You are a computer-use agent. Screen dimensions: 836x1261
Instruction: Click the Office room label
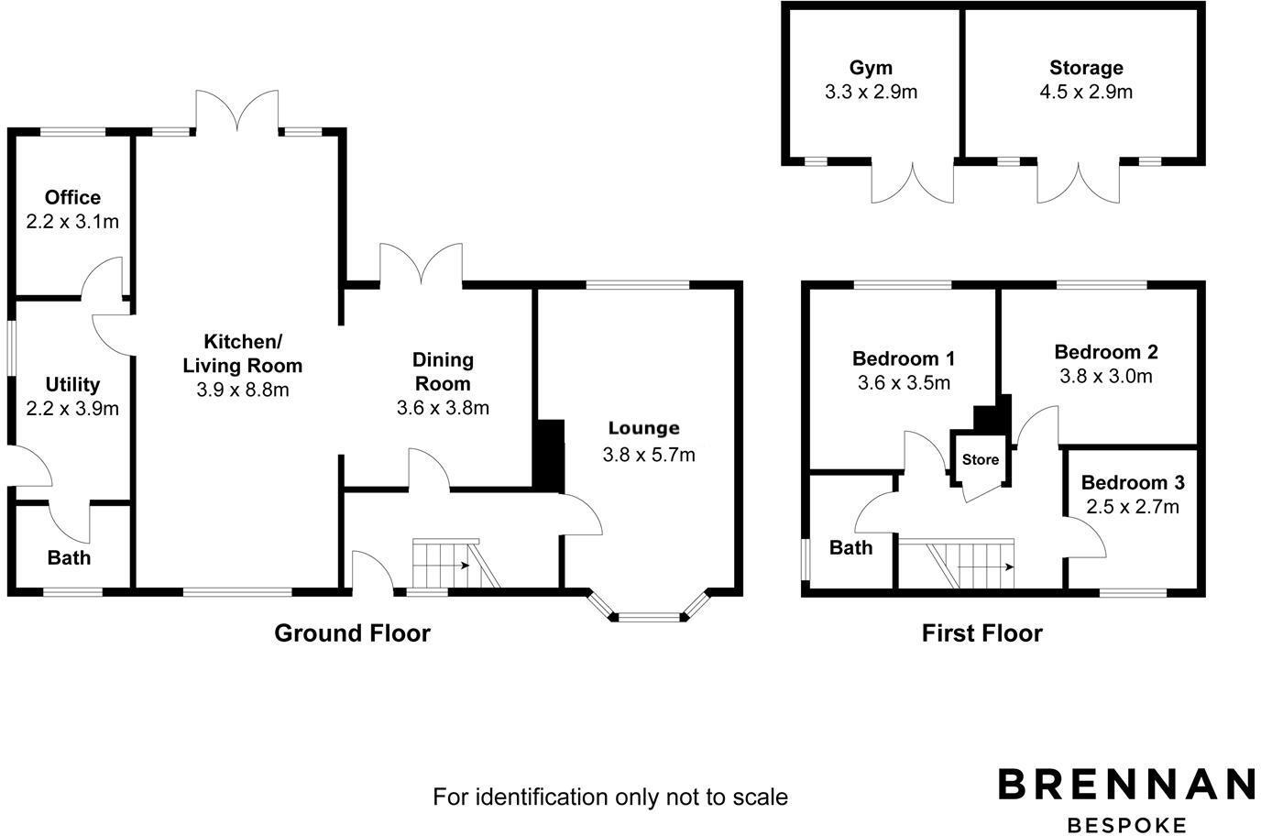72,197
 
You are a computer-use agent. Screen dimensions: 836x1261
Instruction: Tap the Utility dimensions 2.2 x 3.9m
72,409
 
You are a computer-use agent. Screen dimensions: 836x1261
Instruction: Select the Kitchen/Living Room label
243,354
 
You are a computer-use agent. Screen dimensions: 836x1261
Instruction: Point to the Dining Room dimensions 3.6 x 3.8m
443,408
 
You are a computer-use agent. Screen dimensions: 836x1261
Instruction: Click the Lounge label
643,428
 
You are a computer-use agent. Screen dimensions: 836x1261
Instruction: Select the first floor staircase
971,564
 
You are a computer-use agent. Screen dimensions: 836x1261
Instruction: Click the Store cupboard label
980,459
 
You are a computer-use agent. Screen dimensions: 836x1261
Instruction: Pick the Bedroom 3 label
1133,482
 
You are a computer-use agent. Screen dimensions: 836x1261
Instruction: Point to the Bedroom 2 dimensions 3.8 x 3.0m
1106,376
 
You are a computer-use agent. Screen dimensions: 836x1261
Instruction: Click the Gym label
871,68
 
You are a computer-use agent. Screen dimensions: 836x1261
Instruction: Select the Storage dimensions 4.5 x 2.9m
1086,92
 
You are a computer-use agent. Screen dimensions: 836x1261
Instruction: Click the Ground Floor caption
352,632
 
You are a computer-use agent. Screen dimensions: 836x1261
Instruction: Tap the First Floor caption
981,632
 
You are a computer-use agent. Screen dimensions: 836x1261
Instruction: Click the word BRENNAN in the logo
1126,785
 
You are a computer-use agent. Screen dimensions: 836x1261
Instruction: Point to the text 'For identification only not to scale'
609,797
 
